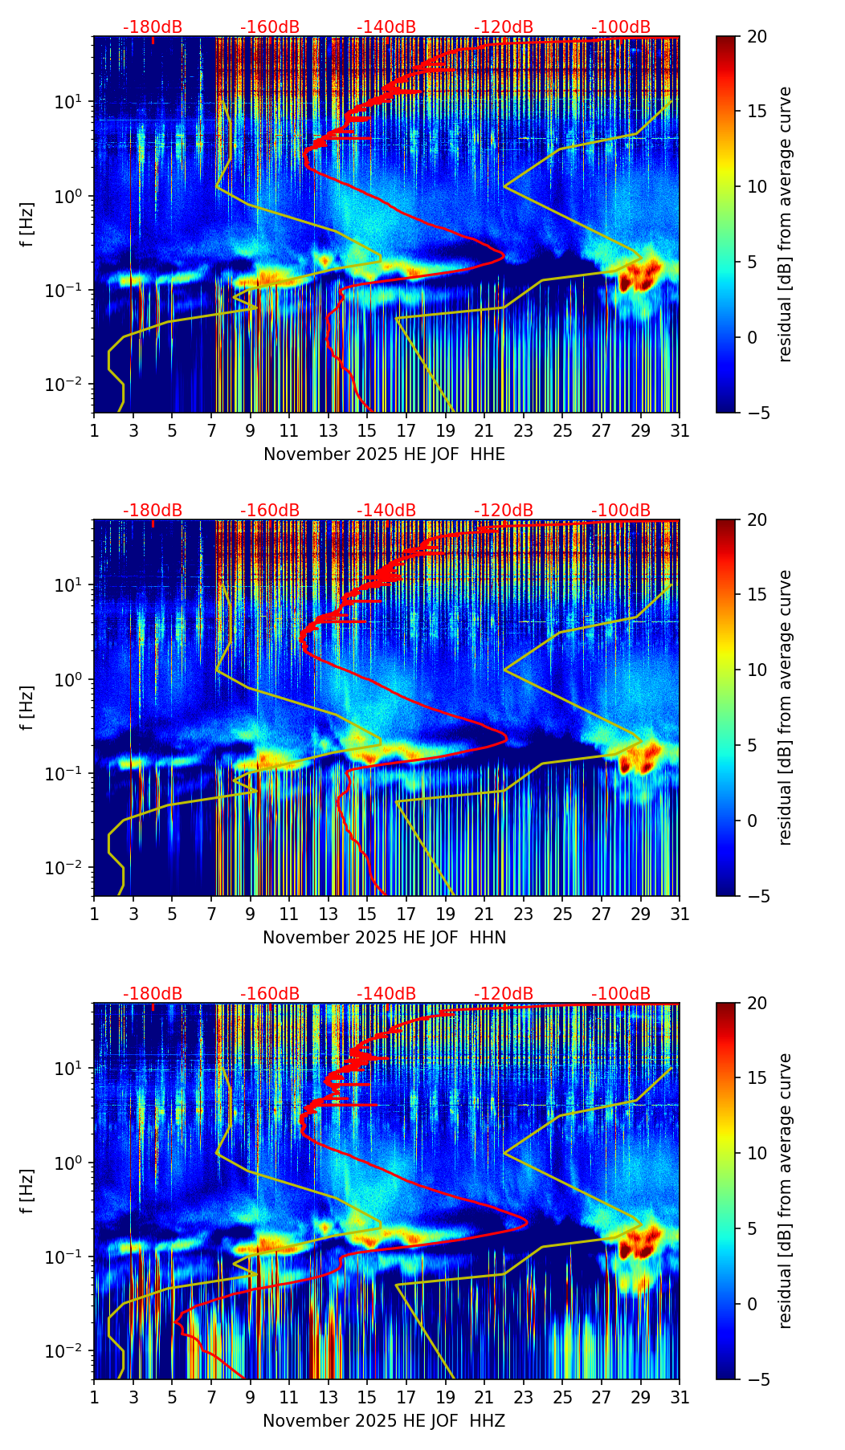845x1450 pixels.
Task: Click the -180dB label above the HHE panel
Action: tap(153, 27)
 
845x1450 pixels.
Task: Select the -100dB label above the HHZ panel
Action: tap(621, 994)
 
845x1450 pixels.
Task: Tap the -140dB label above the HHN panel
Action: tap(386, 511)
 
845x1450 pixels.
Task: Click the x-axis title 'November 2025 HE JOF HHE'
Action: tap(384, 454)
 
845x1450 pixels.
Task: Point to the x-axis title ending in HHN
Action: tap(384, 938)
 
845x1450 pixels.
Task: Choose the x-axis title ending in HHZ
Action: tap(384, 1421)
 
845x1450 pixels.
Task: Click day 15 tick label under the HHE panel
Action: tap(367, 431)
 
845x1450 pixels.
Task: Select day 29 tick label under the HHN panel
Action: tap(640, 914)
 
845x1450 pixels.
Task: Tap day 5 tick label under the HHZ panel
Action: tap(172, 1398)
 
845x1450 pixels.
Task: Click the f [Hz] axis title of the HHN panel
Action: tap(28, 707)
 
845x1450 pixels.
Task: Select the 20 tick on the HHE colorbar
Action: tap(757, 37)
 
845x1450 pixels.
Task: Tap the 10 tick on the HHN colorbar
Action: tap(757, 670)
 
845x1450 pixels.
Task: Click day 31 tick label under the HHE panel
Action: tap(680, 431)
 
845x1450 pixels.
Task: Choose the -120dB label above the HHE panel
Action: tap(504, 27)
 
